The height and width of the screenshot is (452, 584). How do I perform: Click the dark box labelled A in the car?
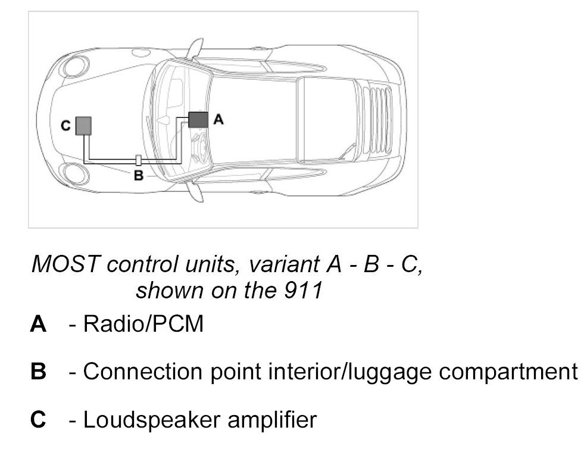(x=198, y=120)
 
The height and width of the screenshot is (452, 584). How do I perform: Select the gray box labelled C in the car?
(x=83, y=126)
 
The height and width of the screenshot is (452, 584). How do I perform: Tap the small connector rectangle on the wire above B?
(x=138, y=160)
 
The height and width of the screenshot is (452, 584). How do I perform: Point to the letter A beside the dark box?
(x=218, y=120)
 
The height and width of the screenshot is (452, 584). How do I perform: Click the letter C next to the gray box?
(x=65, y=126)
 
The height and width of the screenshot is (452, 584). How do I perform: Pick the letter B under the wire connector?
(x=138, y=176)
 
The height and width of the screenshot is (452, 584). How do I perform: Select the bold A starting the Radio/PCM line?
(x=38, y=325)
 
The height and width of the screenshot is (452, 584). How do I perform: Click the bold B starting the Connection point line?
(x=38, y=372)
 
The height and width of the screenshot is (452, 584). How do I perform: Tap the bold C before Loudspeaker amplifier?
(x=38, y=420)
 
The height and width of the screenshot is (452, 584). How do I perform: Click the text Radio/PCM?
(x=143, y=325)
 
